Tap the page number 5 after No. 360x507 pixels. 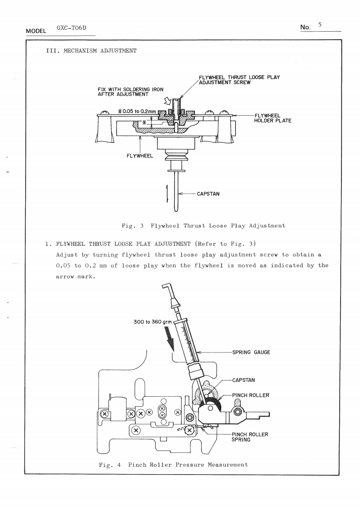(319, 25)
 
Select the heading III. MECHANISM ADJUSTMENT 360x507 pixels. (88, 51)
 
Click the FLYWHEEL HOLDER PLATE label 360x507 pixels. (273, 118)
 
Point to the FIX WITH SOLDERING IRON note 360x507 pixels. (124, 92)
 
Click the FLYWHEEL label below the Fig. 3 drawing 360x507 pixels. (140, 156)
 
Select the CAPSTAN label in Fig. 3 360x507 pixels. (208, 194)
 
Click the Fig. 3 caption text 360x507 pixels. (204, 225)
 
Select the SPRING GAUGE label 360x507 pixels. (251, 352)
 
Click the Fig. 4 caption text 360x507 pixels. (173, 465)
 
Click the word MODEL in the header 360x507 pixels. (37, 30)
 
